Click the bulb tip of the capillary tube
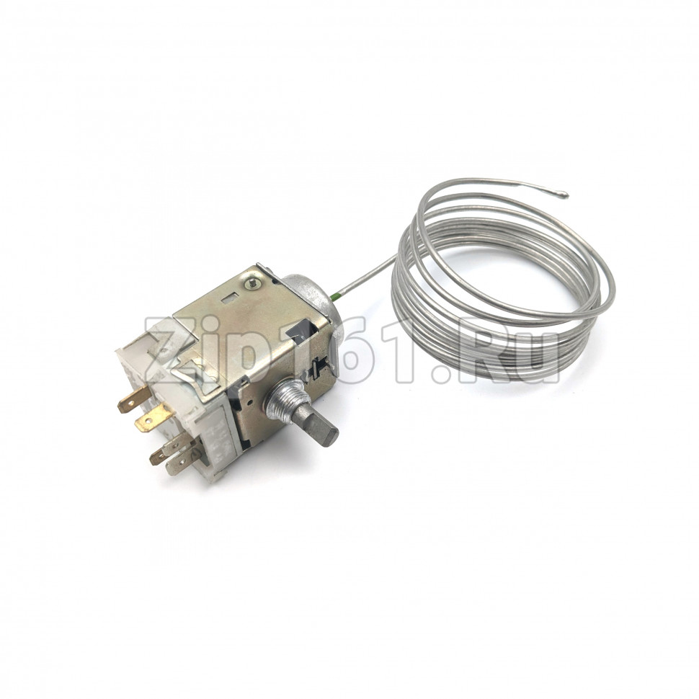(x=564, y=193)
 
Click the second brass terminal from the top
(x=153, y=417)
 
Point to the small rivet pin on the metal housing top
(x=253, y=282)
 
